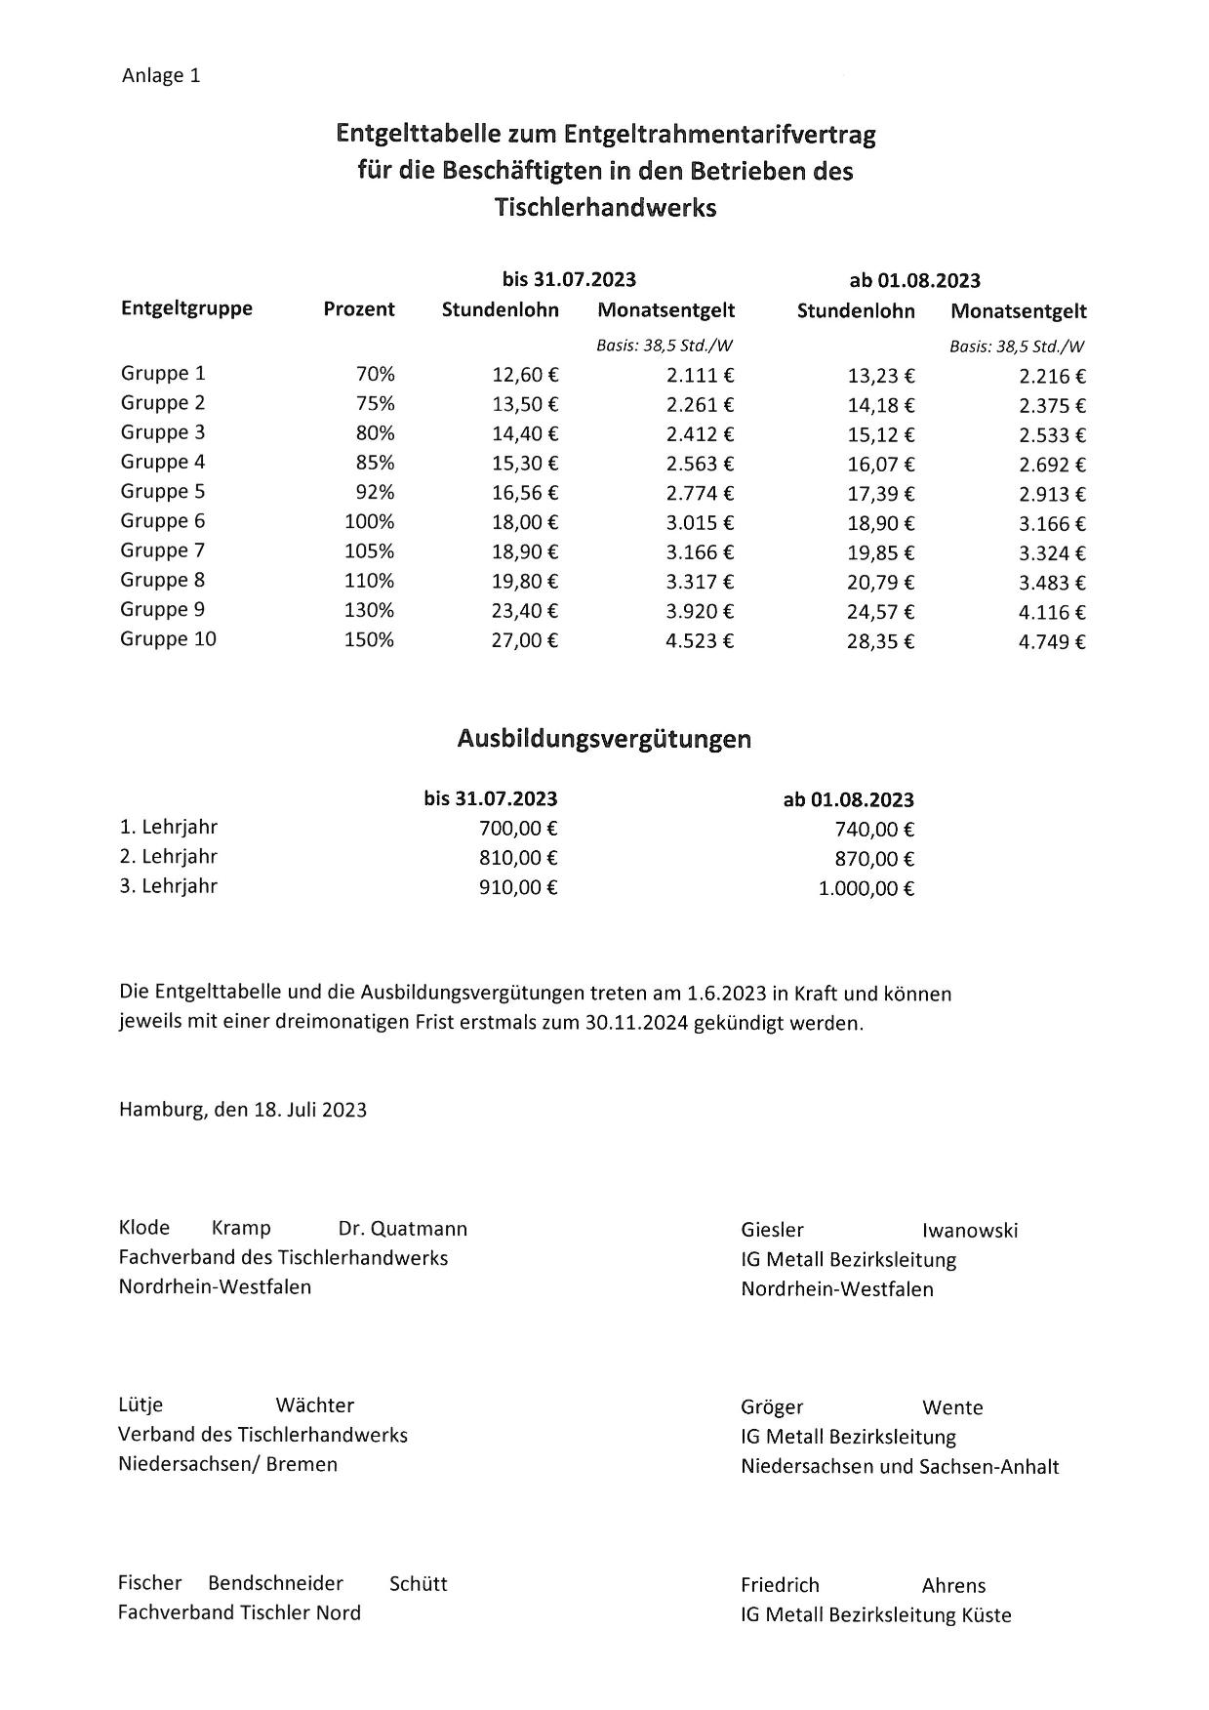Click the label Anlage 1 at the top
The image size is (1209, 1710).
(161, 76)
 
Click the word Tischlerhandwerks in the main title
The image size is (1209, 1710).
(605, 208)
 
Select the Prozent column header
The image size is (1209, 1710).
(359, 309)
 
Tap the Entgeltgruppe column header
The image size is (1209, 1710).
(186, 308)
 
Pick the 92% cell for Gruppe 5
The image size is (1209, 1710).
(375, 493)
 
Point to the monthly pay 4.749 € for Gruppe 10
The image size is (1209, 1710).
(1052, 642)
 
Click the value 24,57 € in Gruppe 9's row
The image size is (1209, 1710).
(880, 612)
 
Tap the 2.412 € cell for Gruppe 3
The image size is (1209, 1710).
(700, 434)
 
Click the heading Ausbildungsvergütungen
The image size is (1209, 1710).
(604, 739)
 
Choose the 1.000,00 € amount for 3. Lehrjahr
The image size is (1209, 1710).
(866, 889)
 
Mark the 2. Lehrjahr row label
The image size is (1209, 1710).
(168, 857)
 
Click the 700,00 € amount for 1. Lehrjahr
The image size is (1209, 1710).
(517, 830)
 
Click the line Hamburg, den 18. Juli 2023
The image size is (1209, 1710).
(243, 1110)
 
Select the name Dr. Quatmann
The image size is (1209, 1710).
(402, 1229)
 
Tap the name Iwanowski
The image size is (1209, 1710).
(969, 1231)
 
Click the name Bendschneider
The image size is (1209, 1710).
(275, 1583)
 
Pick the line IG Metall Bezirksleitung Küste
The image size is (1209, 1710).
(875, 1615)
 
